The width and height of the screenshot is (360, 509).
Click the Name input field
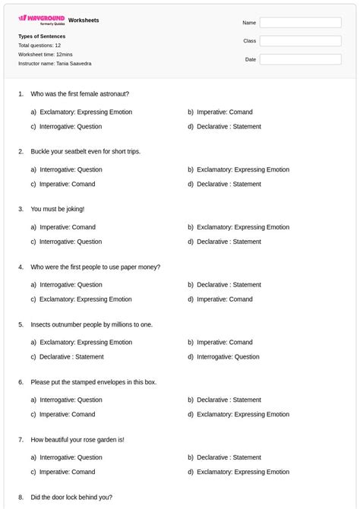300,22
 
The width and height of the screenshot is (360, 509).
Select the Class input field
300,40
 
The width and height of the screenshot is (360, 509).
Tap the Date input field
300,58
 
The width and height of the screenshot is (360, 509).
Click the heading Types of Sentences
42,36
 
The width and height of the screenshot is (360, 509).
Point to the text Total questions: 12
39,46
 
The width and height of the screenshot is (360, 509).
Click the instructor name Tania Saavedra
74,64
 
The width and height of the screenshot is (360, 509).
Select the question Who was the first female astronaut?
80,93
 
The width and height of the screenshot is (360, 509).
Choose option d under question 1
229,126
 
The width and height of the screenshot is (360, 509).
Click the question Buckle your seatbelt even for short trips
86,151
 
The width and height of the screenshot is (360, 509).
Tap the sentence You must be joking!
58,208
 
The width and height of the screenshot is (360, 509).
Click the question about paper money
95,267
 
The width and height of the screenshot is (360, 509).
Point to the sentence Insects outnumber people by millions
92,324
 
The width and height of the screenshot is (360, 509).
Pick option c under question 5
71,356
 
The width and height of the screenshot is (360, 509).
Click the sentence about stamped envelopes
93,381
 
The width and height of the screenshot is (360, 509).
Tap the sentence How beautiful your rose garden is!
77,439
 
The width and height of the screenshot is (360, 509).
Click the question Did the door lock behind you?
71,497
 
